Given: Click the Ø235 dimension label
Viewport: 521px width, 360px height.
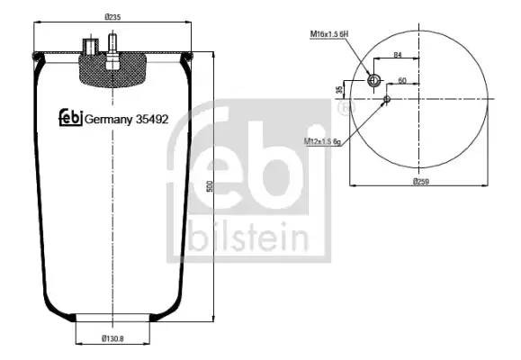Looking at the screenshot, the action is tap(112, 17).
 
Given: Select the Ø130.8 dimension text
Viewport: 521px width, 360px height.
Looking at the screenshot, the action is tap(112, 338).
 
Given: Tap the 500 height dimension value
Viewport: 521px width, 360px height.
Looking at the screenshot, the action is tap(210, 186).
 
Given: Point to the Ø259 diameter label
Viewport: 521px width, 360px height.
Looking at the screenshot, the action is tap(421, 182).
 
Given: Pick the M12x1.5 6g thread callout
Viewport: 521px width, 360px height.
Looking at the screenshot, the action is tap(322, 141).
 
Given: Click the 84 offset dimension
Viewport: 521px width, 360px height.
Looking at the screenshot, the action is tap(398, 55).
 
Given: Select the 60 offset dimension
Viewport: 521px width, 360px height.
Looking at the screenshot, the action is tap(402, 80).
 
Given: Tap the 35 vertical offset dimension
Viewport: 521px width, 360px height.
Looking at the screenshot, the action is tap(339, 89).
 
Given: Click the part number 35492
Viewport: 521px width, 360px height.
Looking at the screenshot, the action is tap(152, 119).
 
